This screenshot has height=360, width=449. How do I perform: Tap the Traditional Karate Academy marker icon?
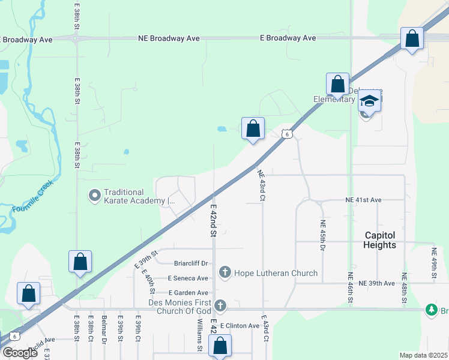[94, 195]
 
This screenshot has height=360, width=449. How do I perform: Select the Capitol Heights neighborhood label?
[379, 240]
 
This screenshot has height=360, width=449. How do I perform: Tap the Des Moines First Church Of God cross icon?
[220, 306]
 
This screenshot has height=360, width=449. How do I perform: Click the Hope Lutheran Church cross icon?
[225, 274]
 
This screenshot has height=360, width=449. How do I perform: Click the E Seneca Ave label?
[188, 278]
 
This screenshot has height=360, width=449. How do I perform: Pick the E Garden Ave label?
[188, 292]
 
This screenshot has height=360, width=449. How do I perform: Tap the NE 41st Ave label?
[363, 199]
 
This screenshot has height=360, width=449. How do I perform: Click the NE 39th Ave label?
[376, 283]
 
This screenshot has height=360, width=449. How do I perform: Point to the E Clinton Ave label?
[240, 325]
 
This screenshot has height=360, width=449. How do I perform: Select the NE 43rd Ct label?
[261, 185]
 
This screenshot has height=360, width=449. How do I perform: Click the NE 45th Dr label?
[322, 235]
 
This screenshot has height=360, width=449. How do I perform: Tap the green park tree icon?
[430, 310]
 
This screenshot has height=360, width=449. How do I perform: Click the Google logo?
[20, 353]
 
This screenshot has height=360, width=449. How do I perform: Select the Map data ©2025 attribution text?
[423, 355]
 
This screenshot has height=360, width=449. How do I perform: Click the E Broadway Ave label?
[288, 38]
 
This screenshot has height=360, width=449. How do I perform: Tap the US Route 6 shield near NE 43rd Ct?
[288, 134]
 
